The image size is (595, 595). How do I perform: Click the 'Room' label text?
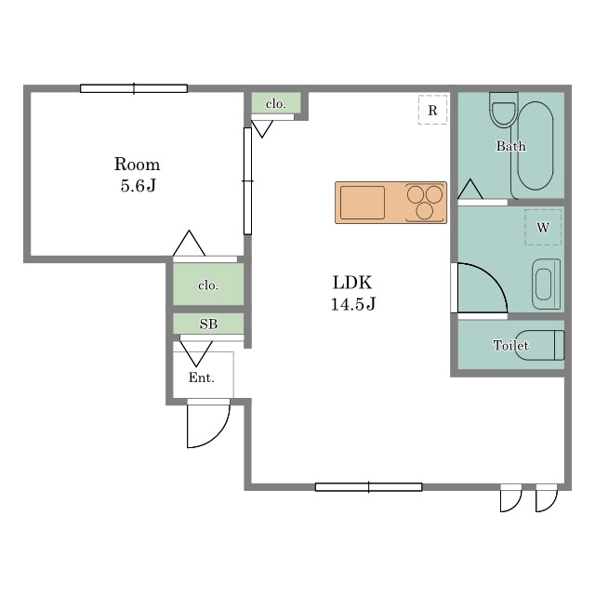[x=137, y=165]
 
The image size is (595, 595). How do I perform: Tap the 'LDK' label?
[x=352, y=283]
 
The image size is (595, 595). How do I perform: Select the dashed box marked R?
[x=433, y=110]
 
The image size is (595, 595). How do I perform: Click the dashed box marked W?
[x=543, y=227]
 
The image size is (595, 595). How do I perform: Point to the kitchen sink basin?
[x=363, y=203]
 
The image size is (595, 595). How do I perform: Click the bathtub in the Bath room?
[x=535, y=146]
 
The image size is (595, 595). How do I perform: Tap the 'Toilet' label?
[x=510, y=345]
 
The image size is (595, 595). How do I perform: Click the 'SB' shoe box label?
[x=208, y=324]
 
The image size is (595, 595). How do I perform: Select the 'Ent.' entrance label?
[x=202, y=377]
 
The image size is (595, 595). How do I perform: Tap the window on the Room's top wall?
[x=134, y=88]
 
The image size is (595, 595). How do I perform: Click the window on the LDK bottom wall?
[x=368, y=487]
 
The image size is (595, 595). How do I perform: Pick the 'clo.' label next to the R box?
[x=276, y=103]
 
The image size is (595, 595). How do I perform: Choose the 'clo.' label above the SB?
[x=208, y=285]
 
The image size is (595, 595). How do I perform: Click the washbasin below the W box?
[x=546, y=284]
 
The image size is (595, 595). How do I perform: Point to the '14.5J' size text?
[x=353, y=304]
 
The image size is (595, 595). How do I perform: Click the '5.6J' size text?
[x=139, y=186]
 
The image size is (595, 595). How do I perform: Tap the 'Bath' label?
[x=510, y=146]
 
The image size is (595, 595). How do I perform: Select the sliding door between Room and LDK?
[x=247, y=181]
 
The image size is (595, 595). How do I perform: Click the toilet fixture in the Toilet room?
[x=538, y=345]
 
